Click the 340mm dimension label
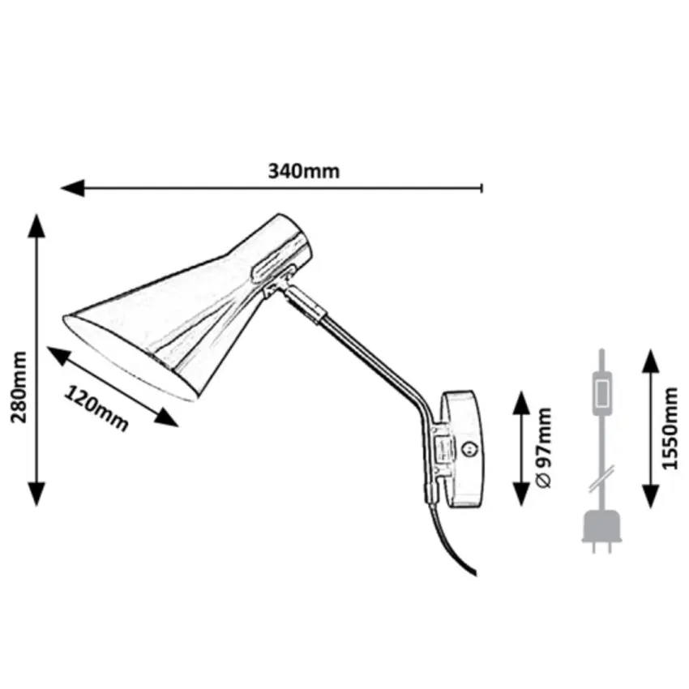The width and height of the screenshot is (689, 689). [304, 171]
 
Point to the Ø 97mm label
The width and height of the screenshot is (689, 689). [544, 447]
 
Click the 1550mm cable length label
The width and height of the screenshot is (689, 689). [670, 428]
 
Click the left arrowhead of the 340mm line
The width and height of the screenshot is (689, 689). [72, 188]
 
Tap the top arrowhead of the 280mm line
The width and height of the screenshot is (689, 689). [36, 225]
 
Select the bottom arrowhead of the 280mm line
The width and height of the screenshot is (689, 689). [36, 494]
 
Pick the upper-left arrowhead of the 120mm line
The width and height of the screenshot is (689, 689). [58, 356]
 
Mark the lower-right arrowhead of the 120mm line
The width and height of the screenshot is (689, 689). [166, 417]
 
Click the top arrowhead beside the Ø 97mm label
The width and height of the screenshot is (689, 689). [521, 403]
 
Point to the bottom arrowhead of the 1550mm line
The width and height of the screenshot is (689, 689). [651, 496]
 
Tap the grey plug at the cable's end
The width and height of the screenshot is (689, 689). [602, 532]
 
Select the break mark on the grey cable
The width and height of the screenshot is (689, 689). [601, 480]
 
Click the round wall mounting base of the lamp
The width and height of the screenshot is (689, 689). [461, 449]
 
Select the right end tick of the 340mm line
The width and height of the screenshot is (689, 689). [482, 188]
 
